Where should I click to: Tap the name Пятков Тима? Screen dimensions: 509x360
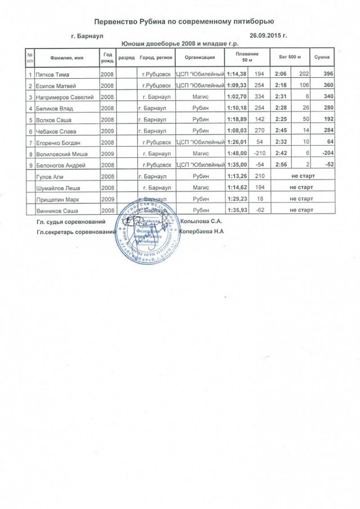pyautogui.click(x=52, y=74)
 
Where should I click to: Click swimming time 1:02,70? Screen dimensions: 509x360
pyautogui.click(x=237, y=97)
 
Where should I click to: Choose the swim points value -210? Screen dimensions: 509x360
pyautogui.click(x=258, y=153)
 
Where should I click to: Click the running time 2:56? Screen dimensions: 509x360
pyautogui.click(x=281, y=165)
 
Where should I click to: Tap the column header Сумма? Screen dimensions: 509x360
pyautogui.click(x=322, y=58)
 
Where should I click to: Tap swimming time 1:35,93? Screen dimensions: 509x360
pyautogui.click(x=237, y=210)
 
